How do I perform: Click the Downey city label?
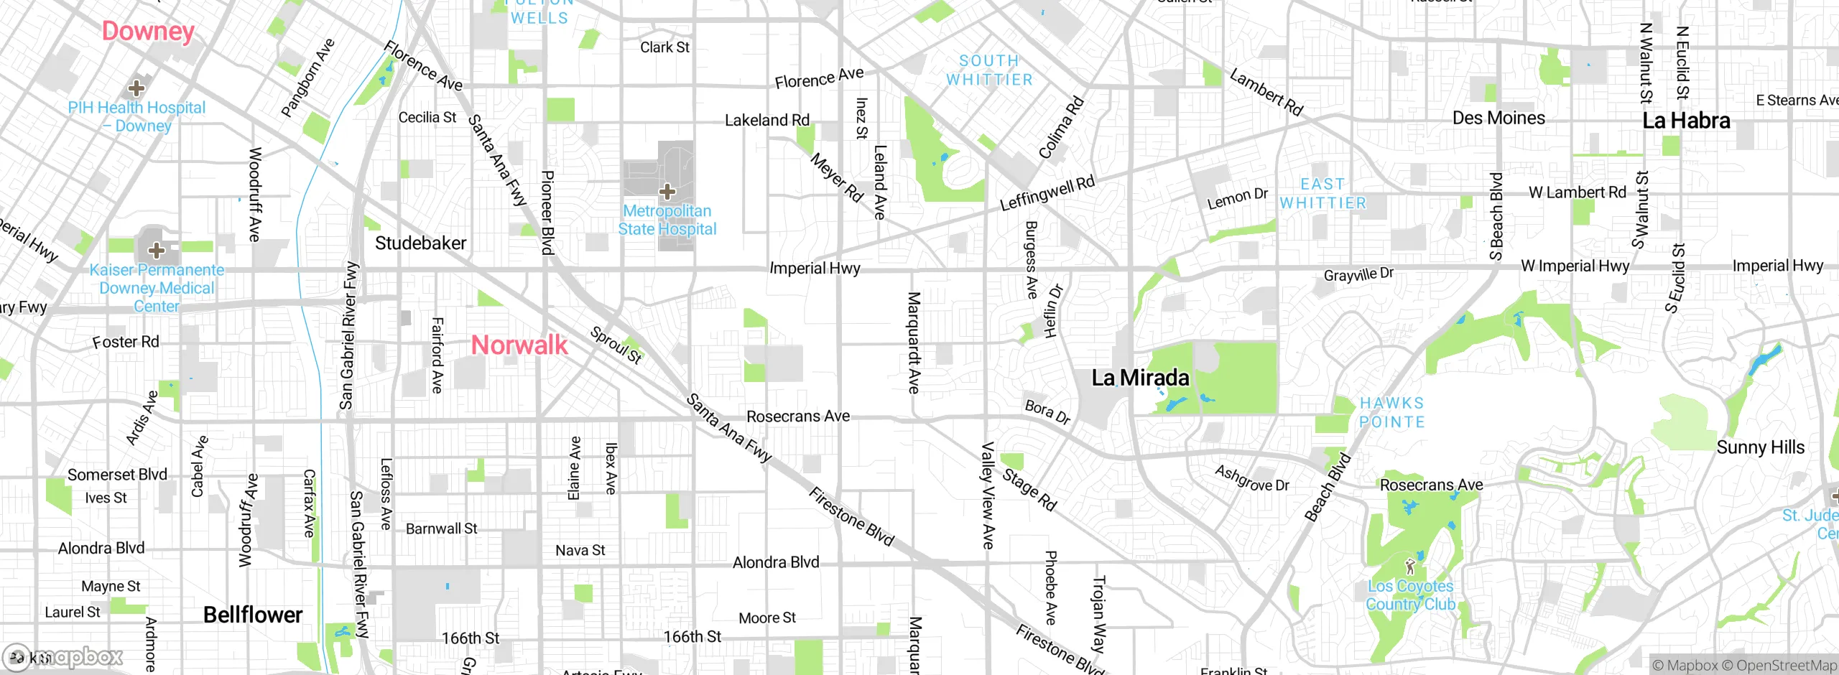click(x=148, y=31)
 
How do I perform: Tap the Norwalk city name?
click(x=519, y=345)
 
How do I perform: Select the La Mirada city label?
click(x=1140, y=378)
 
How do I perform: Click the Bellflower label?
click(x=253, y=615)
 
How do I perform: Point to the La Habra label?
click(x=1686, y=121)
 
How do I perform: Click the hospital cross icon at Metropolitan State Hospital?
click(x=667, y=191)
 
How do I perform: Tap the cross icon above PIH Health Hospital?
click(x=136, y=88)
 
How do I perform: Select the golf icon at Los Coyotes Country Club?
click(x=1409, y=567)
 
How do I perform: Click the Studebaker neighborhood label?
click(x=421, y=243)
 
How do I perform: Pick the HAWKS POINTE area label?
click(x=1391, y=413)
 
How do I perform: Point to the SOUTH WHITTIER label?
click(x=989, y=70)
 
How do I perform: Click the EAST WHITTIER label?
click(x=1322, y=194)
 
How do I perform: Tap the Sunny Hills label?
click(x=1760, y=447)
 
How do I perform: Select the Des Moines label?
click(x=1498, y=118)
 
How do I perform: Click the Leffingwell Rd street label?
click(x=1047, y=193)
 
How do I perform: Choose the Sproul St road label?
click(x=616, y=345)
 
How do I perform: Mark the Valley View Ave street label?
click(x=988, y=495)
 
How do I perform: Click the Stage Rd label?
click(x=1029, y=490)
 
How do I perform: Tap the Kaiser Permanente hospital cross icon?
click(x=157, y=251)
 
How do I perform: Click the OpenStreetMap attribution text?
click(x=1786, y=666)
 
